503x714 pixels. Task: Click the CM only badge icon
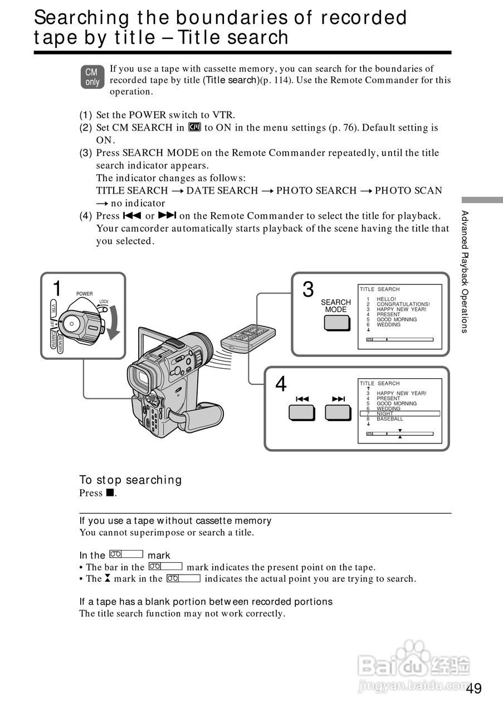point(92,77)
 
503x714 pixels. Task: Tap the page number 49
point(474,688)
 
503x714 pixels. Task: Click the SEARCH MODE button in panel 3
point(336,324)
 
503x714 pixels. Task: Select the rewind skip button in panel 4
point(302,412)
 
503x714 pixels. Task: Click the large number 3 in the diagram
point(308,290)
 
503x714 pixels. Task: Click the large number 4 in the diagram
point(281,384)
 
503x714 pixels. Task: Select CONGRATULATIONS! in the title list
point(403,304)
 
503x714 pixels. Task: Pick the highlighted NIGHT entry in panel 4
point(385,414)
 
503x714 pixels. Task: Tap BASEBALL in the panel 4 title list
point(390,419)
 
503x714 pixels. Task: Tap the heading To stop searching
point(130,480)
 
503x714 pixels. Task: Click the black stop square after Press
point(110,493)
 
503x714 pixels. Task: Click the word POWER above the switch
point(84,294)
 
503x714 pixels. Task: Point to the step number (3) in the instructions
point(86,153)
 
